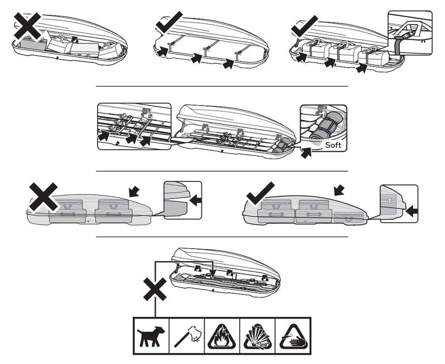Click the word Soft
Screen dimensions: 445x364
pos(333,145)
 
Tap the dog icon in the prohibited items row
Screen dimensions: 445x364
pos(151,336)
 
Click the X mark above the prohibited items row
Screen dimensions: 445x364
pos(155,289)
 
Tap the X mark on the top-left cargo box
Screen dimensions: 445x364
pos(28,26)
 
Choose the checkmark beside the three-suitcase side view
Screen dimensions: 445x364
pos(260,193)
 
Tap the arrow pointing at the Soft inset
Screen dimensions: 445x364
pos(306,153)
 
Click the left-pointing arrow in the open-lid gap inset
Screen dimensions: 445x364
pos(196,201)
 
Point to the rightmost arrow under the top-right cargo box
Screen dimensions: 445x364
pos(361,68)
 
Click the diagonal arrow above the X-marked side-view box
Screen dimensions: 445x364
pos(134,191)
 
